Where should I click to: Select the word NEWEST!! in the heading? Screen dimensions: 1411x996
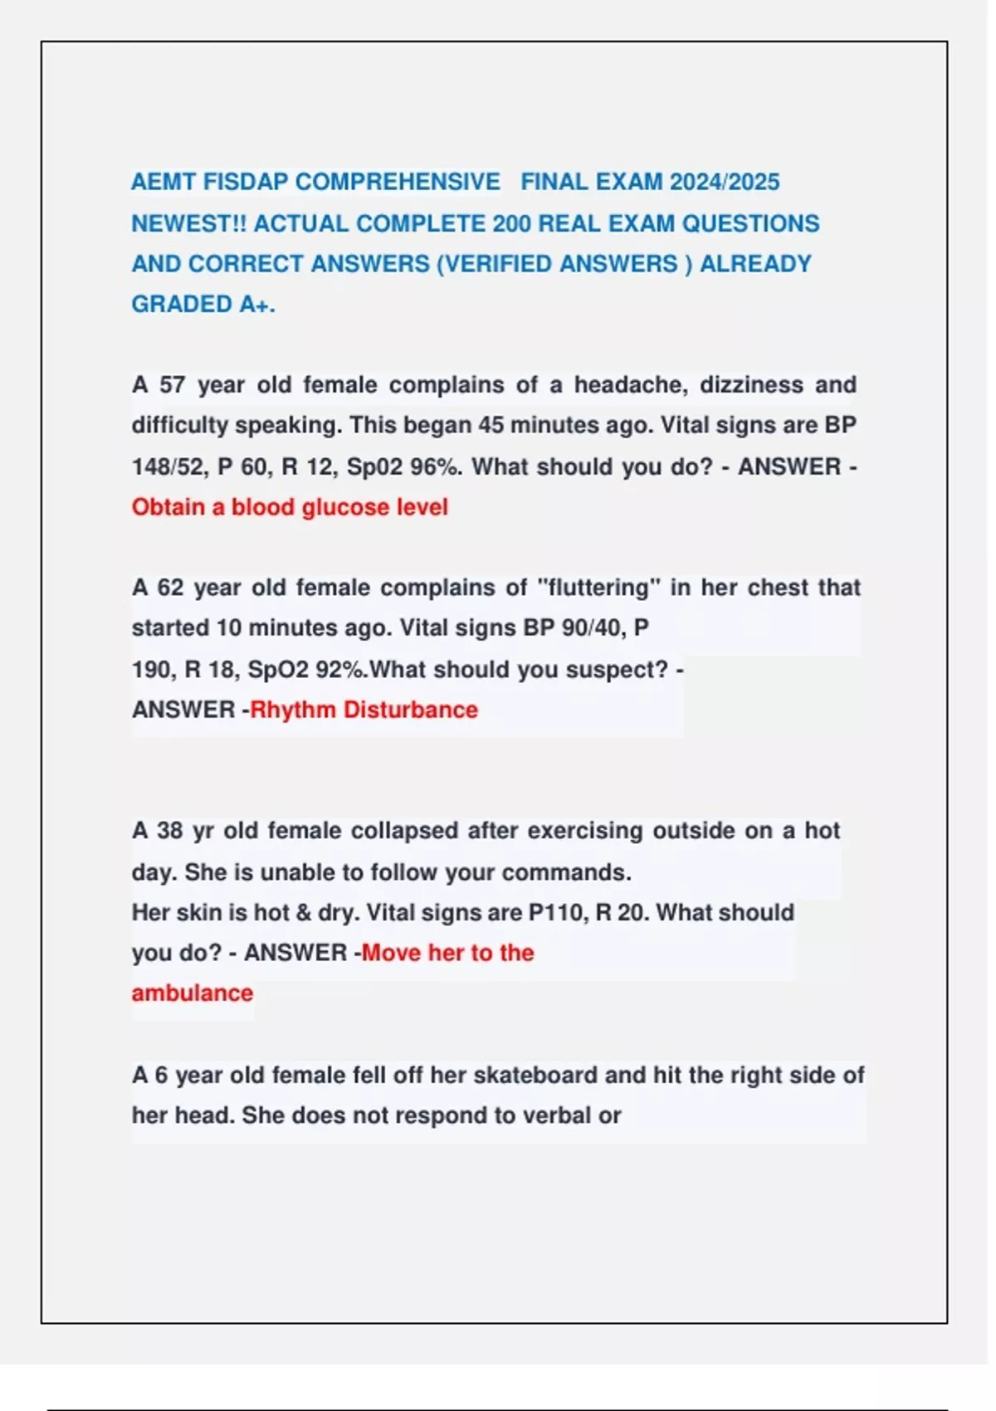(x=188, y=223)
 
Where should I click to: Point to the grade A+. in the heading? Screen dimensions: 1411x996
(x=257, y=305)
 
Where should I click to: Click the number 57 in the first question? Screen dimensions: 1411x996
(x=172, y=385)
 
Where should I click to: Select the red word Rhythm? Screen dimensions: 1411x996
(x=292, y=710)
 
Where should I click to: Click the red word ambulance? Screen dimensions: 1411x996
(x=192, y=994)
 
